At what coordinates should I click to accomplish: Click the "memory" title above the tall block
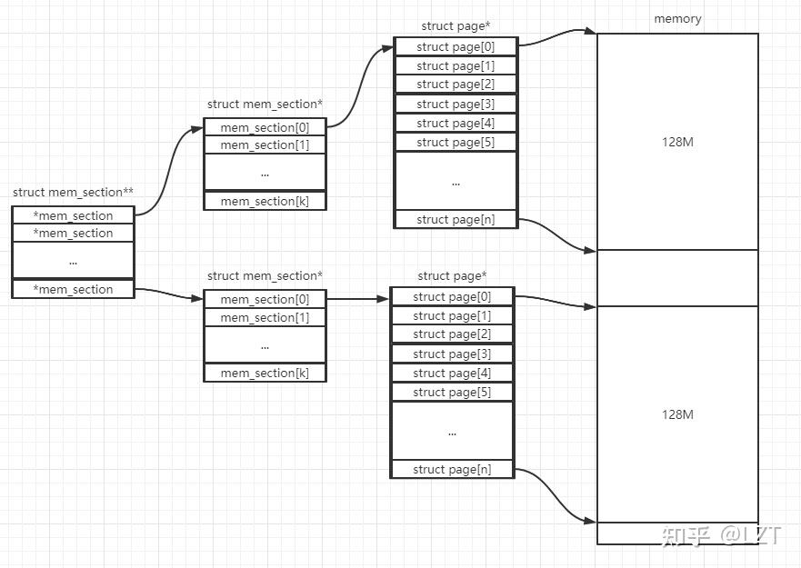677,19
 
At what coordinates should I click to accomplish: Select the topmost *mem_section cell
73,215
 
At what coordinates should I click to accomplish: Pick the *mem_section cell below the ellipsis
73,289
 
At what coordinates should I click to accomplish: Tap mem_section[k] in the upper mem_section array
264,201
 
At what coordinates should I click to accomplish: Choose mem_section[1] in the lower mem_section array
264,317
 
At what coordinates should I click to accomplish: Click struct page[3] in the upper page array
456,104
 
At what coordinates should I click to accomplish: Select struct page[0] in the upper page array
456,46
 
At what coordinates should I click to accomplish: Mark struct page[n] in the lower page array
452,469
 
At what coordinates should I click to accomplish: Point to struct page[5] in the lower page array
452,392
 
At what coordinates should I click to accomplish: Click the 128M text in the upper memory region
677,143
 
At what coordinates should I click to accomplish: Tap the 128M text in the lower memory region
677,414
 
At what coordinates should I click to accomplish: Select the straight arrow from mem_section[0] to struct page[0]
357,298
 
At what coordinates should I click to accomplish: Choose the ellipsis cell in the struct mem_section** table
73,261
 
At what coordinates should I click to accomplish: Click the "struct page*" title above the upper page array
456,26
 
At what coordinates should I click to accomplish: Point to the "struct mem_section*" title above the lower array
265,275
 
